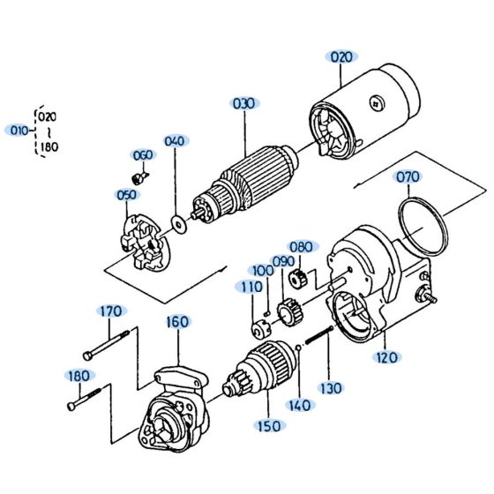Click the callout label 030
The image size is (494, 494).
coord(244,103)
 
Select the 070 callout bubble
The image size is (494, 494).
coord(408,177)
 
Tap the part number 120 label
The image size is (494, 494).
coord(385,357)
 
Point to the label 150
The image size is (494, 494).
coord(270,425)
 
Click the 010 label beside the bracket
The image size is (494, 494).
coord(19,130)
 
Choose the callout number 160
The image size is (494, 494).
coord(176,322)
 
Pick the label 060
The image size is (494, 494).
coord(142,155)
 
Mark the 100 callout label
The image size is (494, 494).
coord(263,270)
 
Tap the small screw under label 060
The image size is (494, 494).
coord(146,176)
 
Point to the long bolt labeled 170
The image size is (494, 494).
coord(108,345)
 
